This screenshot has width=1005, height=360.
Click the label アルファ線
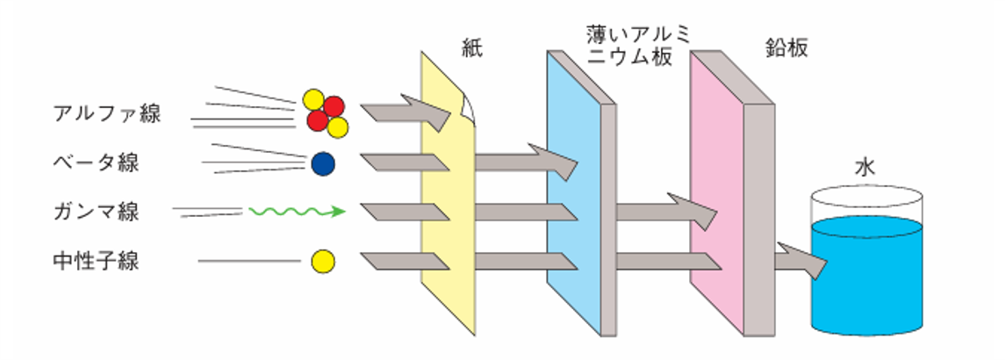coord(107,113)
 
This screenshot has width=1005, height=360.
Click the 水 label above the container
coord(865,168)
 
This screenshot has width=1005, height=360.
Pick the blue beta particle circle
coord(323,163)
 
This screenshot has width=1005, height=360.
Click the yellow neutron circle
coord(323,261)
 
